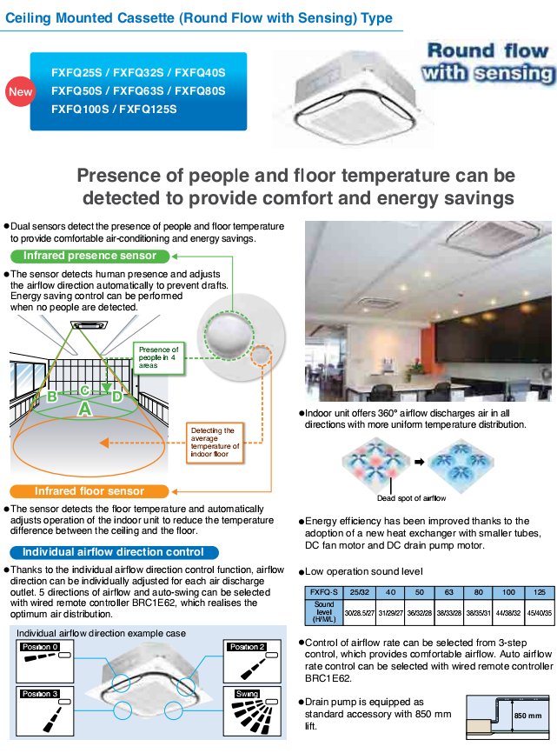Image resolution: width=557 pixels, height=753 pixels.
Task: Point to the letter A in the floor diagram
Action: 84,408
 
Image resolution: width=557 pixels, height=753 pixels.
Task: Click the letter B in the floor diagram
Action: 52,396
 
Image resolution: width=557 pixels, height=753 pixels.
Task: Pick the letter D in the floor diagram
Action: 116,396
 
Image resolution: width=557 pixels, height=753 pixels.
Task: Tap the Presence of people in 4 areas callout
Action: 159,358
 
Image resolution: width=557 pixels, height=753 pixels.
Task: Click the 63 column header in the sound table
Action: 449,592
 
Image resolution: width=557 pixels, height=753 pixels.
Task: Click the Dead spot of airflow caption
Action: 411,498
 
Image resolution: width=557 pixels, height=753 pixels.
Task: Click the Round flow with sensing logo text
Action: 487,62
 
